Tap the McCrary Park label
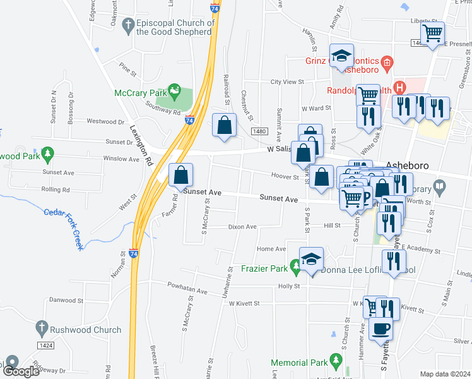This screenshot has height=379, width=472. tap(141, 93)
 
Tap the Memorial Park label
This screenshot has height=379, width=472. tap(299, 363)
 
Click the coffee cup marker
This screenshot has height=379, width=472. tap(381, 328)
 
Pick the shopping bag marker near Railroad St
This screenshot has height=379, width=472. tap(224, 124)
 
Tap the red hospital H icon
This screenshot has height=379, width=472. tap(398, 87)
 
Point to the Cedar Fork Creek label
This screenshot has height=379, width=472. tap(63, 229)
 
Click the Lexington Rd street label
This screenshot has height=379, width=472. tap(141, 145)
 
